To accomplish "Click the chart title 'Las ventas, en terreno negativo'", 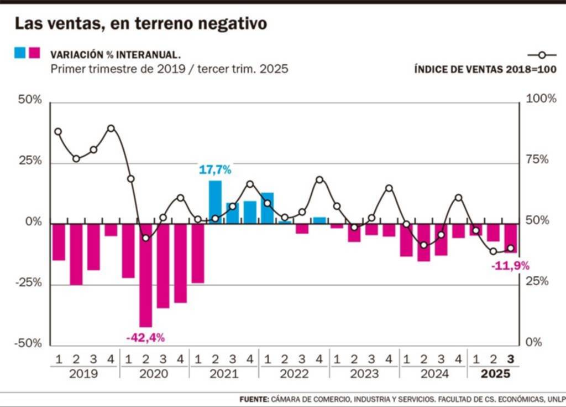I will point(140,24).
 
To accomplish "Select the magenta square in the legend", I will point(34,53).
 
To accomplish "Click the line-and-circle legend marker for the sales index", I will point(542,55).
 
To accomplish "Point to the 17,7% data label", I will point(215,170).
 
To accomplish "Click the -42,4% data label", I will point(145,337).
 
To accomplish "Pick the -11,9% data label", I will point(510,266).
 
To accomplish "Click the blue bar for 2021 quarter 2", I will point(215,202).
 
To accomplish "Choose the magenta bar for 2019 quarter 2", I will point(76,254).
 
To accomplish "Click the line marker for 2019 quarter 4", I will point(111,128).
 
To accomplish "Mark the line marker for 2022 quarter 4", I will point(319,180).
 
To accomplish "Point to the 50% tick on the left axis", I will point(30,100).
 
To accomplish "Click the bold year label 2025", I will point(496,374).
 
